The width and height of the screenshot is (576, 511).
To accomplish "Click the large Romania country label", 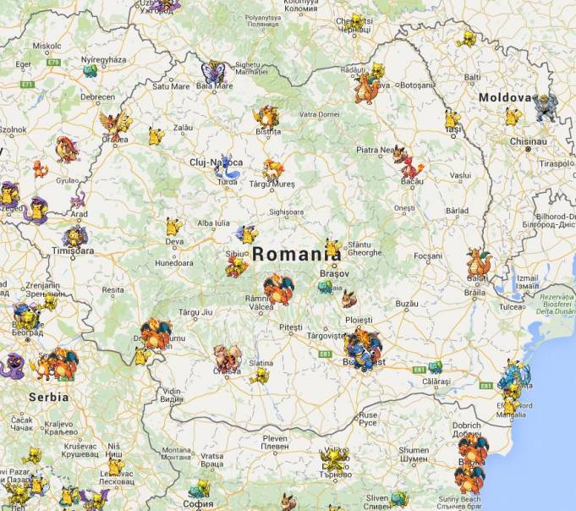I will click(291, 253).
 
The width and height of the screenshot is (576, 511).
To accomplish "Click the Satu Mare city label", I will click(170, 85).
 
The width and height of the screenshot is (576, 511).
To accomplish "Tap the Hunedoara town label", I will click(173, 263).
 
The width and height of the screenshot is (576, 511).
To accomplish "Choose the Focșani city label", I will click(428, 255).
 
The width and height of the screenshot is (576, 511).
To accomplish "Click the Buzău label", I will click(407, 303).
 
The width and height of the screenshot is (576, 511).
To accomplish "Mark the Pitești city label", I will click(290, 326).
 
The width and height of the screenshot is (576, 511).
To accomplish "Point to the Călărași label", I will click(436, 382).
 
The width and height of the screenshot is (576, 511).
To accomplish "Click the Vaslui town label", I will click(460, 175).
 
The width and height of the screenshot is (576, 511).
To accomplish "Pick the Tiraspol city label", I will click(557, 163).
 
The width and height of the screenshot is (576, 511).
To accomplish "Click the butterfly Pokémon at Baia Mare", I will click(213, 72).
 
